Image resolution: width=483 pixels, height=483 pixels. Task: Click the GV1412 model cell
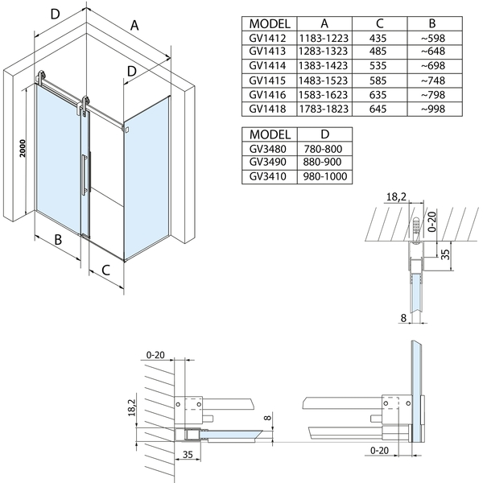(x=269, y=37)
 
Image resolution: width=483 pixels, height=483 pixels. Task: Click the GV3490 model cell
(x=269, y=162)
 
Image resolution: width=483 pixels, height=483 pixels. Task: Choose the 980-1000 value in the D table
(x=322, y=176)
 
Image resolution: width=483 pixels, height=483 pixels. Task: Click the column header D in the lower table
(x=322, y=134)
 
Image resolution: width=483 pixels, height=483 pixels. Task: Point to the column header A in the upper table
(x=322, y=23)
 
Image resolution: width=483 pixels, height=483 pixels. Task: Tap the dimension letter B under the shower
(x=59, y=240)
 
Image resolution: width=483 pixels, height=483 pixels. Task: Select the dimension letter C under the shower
(x=106, y=270)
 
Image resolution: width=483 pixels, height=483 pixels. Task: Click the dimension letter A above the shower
(x=134, y=25)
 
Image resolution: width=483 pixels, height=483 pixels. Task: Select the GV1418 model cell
(x=269, y=109)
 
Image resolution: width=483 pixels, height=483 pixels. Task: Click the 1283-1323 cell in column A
(x=322, y=52)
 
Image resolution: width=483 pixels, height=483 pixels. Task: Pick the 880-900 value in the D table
(x=322, y=162)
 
